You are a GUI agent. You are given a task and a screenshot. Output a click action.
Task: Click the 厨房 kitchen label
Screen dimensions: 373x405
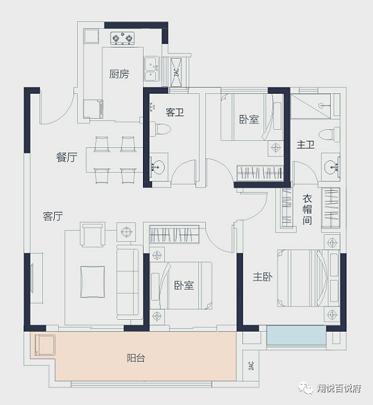pyautogui.click(x=119, y=74)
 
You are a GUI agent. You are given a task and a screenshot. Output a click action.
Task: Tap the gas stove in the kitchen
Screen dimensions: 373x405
pyautogui.click(x=122, y=39)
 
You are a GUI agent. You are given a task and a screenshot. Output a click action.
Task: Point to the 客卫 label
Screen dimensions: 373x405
pyautogui.click(x=175, y=112)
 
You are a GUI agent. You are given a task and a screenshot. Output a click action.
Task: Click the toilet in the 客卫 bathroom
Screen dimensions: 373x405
pyautogui.click(x=160, y=129)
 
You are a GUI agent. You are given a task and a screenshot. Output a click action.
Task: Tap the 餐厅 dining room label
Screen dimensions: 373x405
pyautogui.click(x=67, y=157)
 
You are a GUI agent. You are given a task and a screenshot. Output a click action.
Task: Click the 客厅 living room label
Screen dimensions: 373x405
pyautogui.click(x=53, y=216)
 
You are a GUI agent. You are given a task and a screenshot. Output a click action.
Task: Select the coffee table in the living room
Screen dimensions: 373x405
pyautogui.click(x=93, y=282)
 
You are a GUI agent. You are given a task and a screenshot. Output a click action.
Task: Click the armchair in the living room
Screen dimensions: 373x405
pyautogui.click(x=92, y=234)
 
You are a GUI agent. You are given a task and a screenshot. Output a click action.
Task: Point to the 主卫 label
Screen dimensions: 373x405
pyautogui.click(x=305, y=144)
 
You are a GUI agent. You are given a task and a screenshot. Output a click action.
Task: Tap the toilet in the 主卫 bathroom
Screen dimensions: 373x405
pyautogui.click(x=329, y=134)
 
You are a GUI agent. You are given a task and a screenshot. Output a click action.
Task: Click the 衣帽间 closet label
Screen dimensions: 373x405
pyautogui.click(x=307, y=209)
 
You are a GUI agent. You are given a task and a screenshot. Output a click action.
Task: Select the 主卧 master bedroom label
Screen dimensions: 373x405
pyautogui.click(x=262, y=277)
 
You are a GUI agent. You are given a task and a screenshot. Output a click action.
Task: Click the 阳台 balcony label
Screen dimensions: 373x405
pyautogui.click(x=136, y=358)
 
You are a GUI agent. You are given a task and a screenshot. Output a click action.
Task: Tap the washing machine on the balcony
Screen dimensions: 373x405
pyautogui.click(x=45, y=345)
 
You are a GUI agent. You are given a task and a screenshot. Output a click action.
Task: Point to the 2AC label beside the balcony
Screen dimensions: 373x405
pyautogui.click(x=251, y=365)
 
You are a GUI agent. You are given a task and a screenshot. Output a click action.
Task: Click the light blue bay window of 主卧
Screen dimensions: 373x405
pyautogui.click(x=297, y=335)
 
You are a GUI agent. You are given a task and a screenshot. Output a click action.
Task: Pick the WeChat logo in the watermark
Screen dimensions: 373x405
pyautogui.click(x=306, y=388)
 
